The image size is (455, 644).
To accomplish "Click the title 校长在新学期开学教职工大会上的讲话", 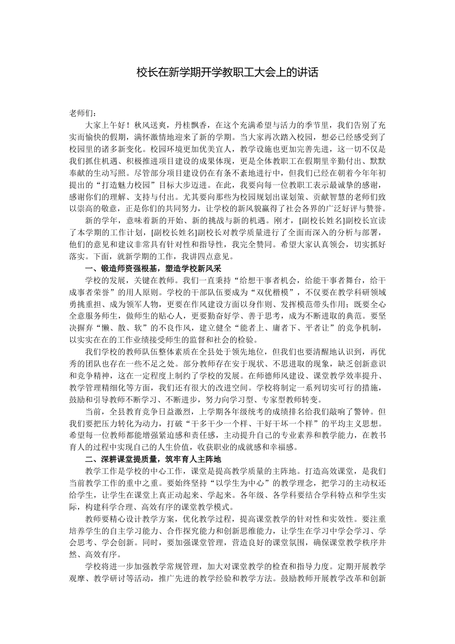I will click(x=227, y=73).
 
